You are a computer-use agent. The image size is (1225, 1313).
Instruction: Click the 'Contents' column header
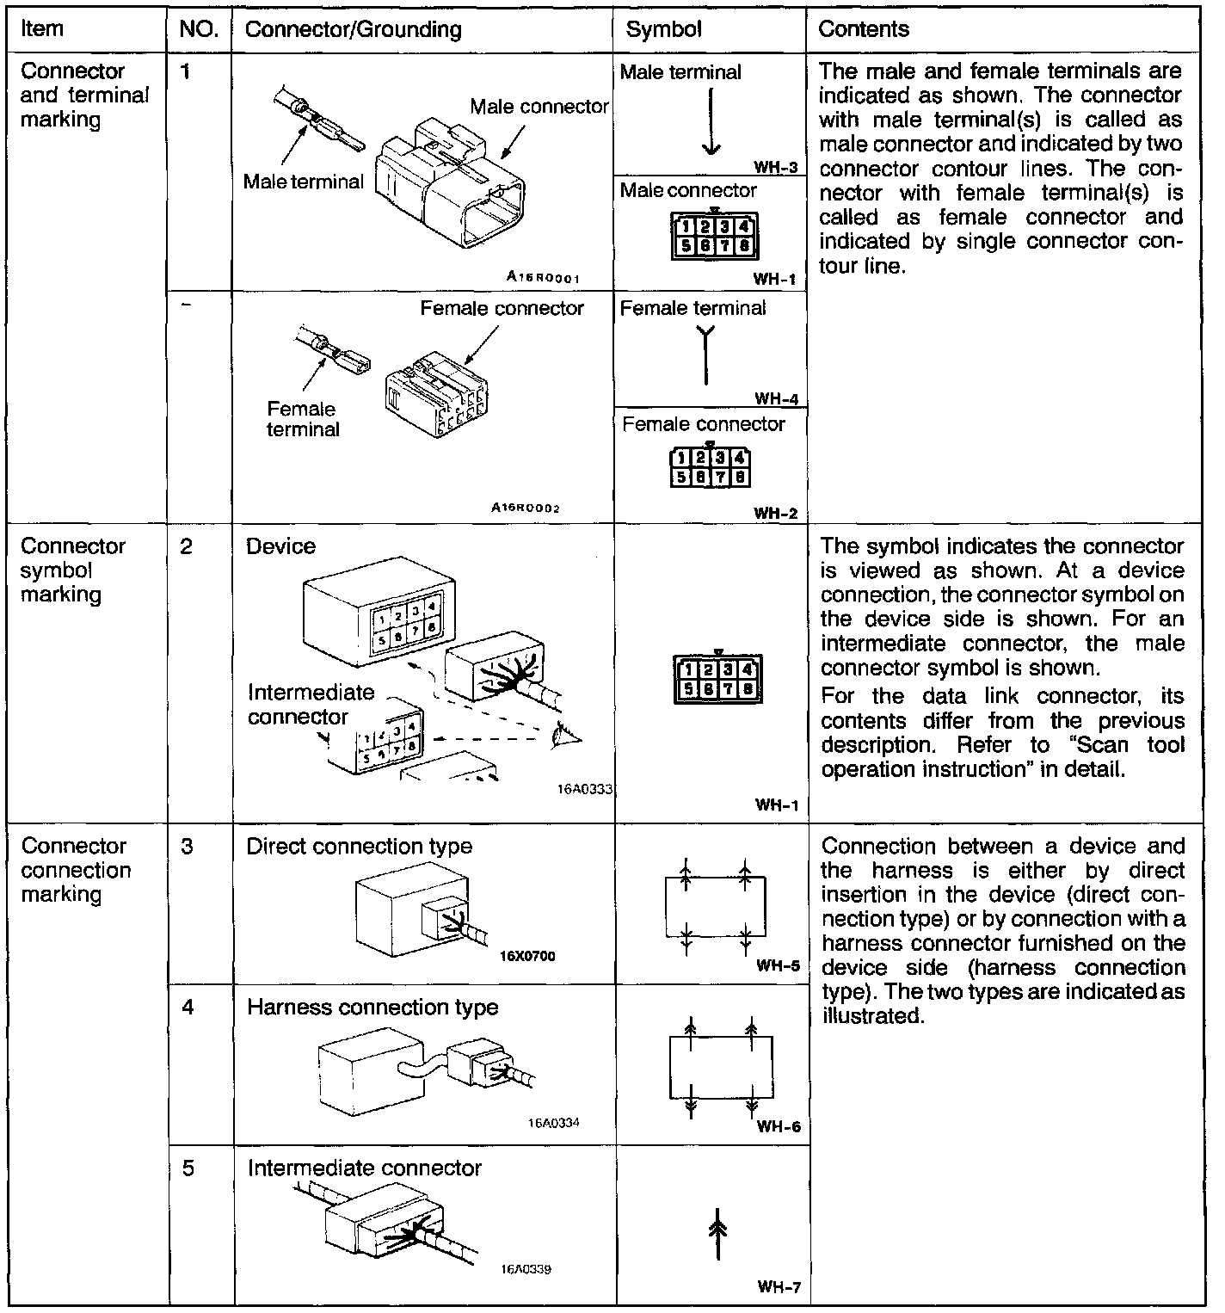[x=863, y=29]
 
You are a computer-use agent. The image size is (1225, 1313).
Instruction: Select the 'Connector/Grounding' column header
[x=354, y=29]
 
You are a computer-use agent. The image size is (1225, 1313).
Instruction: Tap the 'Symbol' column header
[x=663, y=29]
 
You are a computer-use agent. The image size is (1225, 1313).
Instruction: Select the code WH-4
[x=776, y=398]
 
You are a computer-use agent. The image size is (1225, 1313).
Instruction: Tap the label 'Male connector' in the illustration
[x=539, y=107]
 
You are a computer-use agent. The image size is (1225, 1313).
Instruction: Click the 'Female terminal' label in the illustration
[x=302, y=419]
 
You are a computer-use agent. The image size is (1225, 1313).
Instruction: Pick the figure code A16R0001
[x=544, y=277]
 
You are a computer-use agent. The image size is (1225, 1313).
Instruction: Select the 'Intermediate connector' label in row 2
[x=311, y=704]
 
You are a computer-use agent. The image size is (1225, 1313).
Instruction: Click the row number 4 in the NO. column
[x=188, y=1007]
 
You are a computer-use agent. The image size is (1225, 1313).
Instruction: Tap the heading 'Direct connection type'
[x=360, y=846]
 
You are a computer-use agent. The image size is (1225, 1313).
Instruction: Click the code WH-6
[x=778, y=1127]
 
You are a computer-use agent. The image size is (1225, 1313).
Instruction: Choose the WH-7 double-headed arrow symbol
[x=717, y=1233]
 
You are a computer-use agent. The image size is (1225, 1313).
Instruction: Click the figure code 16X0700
[x=527, y=955]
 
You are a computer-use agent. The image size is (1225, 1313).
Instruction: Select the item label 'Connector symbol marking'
[x=73, y=570]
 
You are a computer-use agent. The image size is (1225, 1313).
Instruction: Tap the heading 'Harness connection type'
[x=372, y=1007]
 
